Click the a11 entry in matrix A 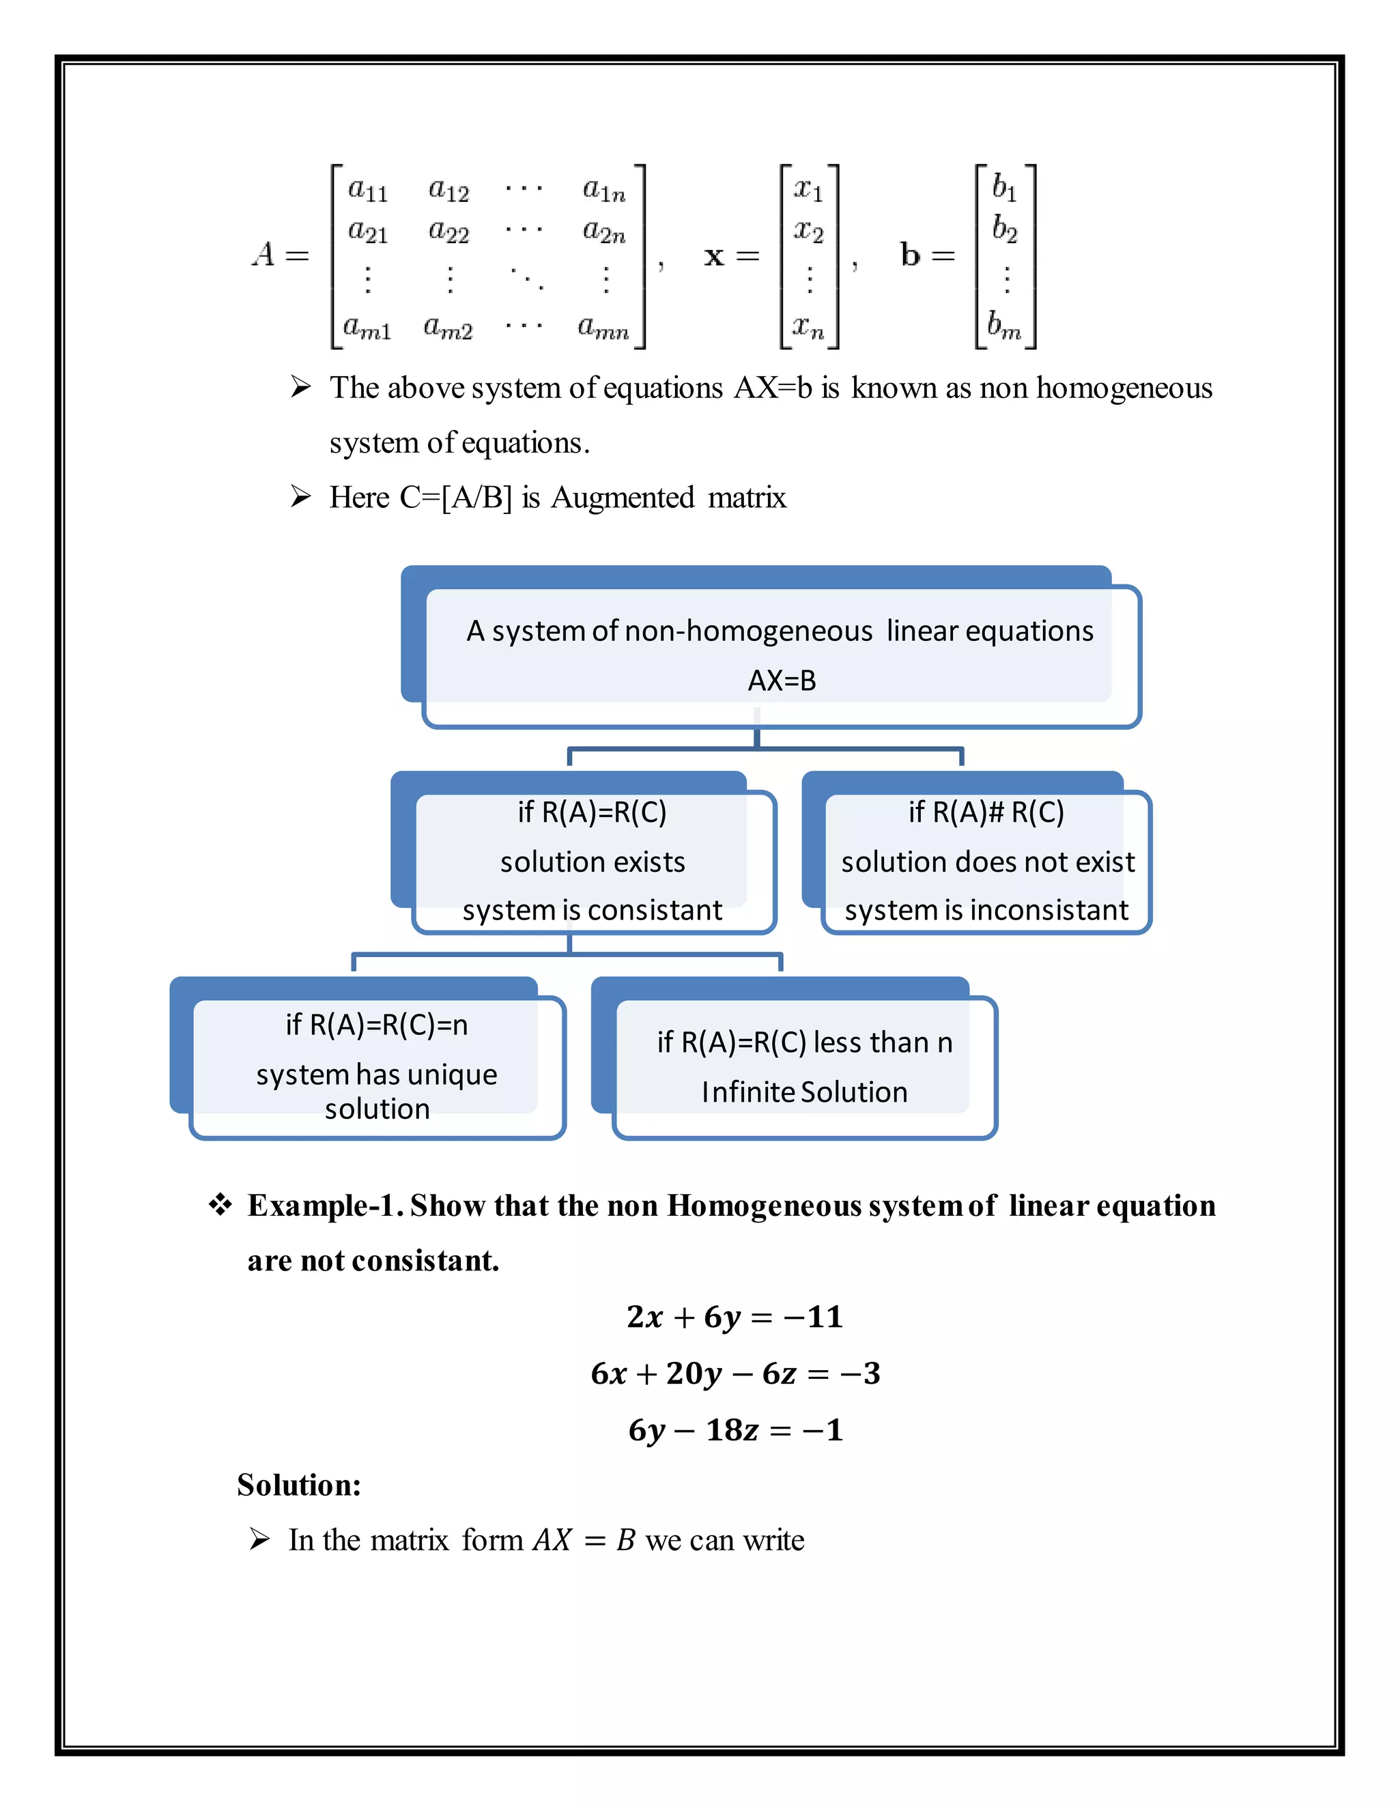367,190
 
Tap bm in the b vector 1003,325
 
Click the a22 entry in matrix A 448,231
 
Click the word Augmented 623,498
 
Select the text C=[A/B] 455,498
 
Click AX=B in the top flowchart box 781,681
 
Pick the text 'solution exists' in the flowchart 592,862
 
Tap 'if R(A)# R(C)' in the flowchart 986,812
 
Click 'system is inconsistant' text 986,910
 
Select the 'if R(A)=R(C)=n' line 377,1025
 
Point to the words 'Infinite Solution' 804,1092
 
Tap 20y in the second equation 694,1373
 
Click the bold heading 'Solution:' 299,1485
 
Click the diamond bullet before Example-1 220,1205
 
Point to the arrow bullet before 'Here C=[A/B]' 300,497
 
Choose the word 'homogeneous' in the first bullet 1124,388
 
